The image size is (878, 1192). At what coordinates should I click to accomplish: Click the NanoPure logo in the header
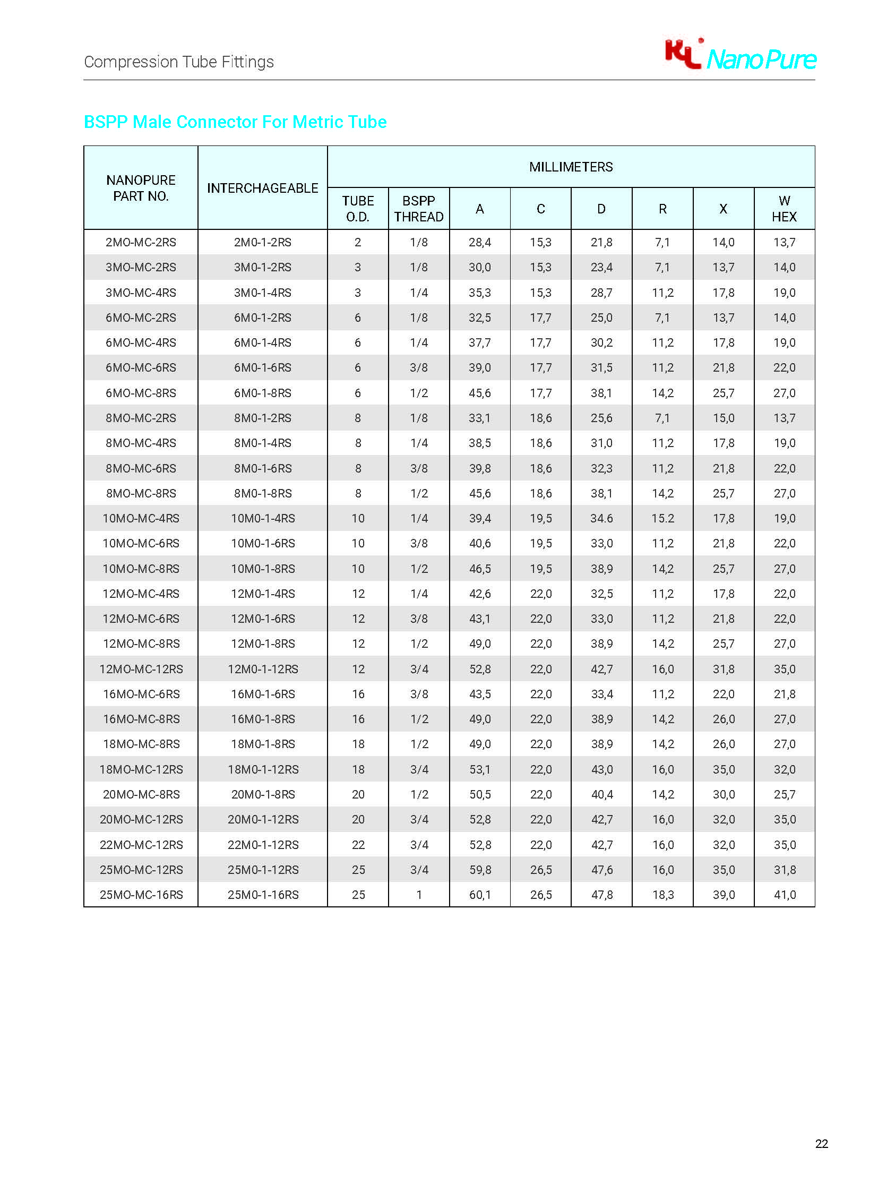(x=740, y=55)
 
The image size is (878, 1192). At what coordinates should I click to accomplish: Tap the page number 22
(x=821, y=1143)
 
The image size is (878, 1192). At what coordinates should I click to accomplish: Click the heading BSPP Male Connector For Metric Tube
(x=235, y=122)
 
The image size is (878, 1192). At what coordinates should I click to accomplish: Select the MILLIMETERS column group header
(x=571, y=167)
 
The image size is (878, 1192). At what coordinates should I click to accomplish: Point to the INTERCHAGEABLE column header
(x=263, y=188)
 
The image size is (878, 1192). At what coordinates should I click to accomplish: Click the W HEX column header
(x=784, y=209)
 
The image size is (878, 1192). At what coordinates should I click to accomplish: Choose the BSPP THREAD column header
(x=419, y=209)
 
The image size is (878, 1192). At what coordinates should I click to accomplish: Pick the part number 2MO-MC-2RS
(x=141, y=243)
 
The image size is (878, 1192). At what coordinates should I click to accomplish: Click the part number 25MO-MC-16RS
(x=141, y=895)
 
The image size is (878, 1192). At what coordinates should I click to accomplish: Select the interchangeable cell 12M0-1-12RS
(x=263, y=669)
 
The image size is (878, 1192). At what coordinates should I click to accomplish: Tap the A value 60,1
(x=480, y=895)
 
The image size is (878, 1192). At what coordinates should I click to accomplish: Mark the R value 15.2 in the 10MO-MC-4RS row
(x=663, y=518)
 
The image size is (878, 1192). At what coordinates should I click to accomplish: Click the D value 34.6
(x=601, y=518)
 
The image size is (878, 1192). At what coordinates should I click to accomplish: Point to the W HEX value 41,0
(x=785, y=895)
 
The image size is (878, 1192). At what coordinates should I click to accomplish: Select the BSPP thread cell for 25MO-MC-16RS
(x=419, y=895)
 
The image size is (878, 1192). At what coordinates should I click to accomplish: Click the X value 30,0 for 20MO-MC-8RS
(x=724, y=794)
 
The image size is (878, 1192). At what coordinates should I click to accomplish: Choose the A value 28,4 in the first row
(x=480, y=243)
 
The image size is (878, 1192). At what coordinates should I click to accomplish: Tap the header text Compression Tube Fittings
(x=179, y=62)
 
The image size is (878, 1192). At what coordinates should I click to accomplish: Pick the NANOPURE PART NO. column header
(x=141, y=188)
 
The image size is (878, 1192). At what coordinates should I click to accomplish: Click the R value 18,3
(x=663, y=895)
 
